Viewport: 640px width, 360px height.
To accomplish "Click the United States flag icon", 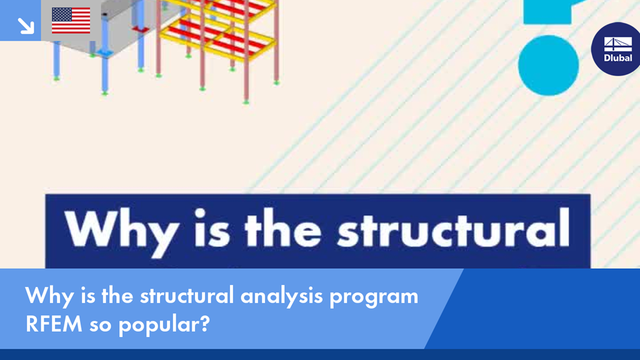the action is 71,21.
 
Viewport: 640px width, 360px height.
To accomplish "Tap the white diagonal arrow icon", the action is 26,26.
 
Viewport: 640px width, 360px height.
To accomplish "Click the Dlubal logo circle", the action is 616,49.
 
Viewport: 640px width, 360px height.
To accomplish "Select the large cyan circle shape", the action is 548,65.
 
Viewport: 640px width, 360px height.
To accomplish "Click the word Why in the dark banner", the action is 121,232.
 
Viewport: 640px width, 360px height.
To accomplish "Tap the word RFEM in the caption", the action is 54,324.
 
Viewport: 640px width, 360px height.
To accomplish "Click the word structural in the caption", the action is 187,296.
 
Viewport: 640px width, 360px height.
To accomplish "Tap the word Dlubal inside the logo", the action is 618,58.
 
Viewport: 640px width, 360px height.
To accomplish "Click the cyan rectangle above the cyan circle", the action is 548,12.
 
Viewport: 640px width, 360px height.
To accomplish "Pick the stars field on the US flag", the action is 62,14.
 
